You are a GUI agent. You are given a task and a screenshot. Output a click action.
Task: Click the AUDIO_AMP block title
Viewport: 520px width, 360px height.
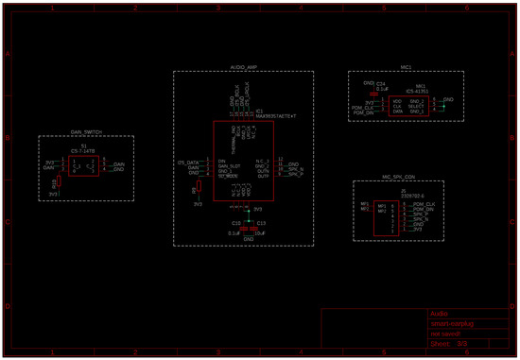click(243, 68)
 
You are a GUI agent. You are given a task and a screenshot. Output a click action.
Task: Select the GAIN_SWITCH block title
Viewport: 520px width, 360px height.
click(86, 132)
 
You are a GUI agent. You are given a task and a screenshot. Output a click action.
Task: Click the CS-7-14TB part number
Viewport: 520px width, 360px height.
click(83, 150)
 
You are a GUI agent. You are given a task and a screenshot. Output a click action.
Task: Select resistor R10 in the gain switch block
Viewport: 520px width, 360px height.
click(56, 186)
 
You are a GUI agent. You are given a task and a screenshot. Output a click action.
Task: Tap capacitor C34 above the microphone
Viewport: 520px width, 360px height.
click(381, 84)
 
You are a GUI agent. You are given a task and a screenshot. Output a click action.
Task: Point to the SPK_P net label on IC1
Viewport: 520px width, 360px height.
click(295, 176)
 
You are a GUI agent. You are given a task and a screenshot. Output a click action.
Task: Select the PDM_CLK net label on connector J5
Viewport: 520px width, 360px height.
click(425, 204)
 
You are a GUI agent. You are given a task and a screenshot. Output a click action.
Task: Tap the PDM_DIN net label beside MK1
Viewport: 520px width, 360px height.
click(363, 111)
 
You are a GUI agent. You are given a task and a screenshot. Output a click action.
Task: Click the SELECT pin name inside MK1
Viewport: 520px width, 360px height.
click(416, 106)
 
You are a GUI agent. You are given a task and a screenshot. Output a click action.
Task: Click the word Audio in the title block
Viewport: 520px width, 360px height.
click(439, 313)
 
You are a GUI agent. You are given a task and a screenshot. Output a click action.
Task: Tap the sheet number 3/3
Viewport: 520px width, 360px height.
click(462, 344)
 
